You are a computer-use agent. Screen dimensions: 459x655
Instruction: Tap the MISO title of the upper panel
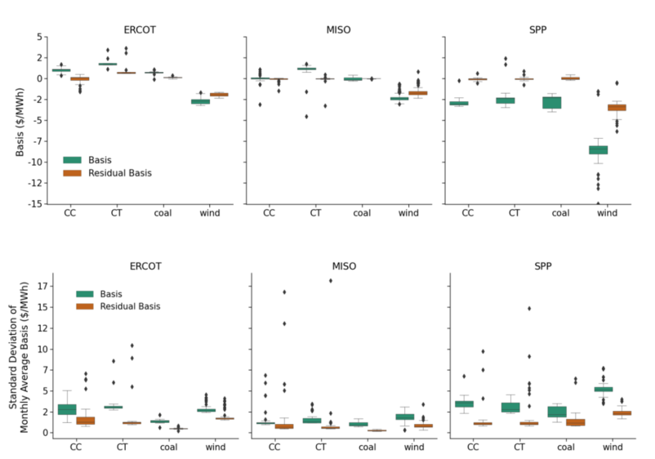click(x=342, y=29)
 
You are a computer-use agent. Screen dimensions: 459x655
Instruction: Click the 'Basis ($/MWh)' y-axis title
click(x=20, y=119)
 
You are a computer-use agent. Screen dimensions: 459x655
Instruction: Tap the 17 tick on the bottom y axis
click(x=45, y=287)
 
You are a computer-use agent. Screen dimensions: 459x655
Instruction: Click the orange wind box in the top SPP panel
click(x=617, y=107)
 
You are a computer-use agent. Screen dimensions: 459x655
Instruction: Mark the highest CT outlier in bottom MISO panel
click(x=331, y=280)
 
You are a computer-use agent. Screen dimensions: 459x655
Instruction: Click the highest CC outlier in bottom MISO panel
click(x=284, y=292)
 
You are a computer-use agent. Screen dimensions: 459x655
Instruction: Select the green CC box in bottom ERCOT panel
click(x=67, y=409)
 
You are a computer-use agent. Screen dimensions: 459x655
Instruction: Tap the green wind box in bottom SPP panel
click(x=604, y=390)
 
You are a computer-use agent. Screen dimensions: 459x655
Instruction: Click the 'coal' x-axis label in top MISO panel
click(x=362, y=214)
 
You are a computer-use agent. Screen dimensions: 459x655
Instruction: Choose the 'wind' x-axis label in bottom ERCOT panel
click(x=207, y=447)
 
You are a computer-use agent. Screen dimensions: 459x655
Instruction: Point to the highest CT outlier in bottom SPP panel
click(x=529, y=309)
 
